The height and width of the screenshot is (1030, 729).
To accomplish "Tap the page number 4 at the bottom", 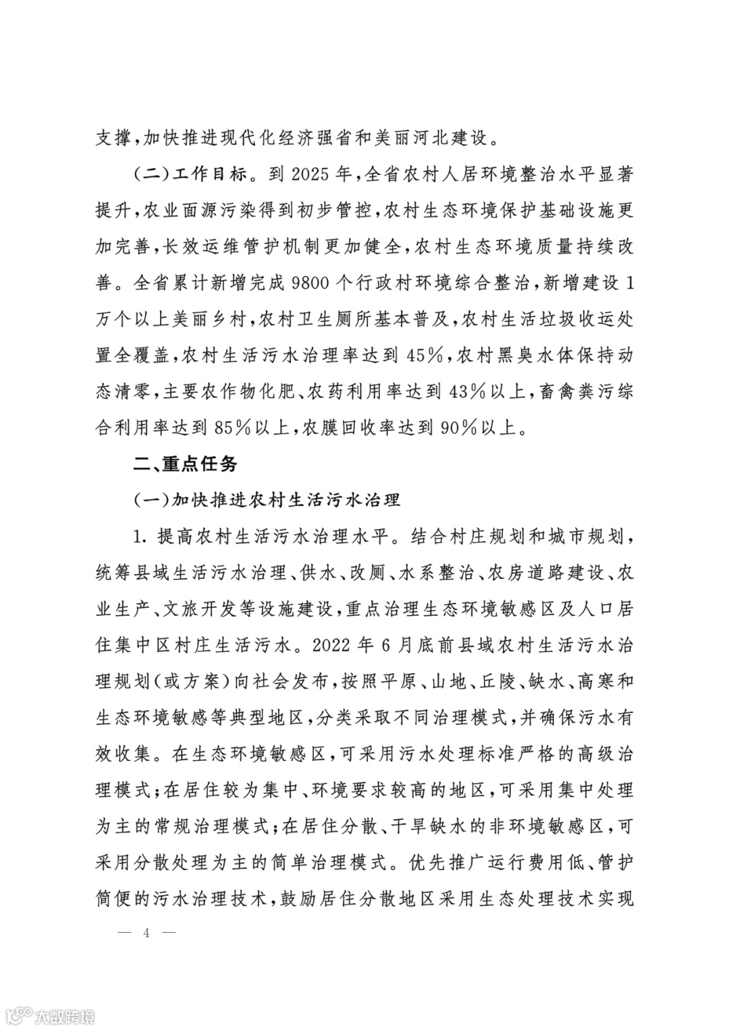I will click(x=146, y=934).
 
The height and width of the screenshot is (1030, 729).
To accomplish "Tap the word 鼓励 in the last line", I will click(x=300, y=899).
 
